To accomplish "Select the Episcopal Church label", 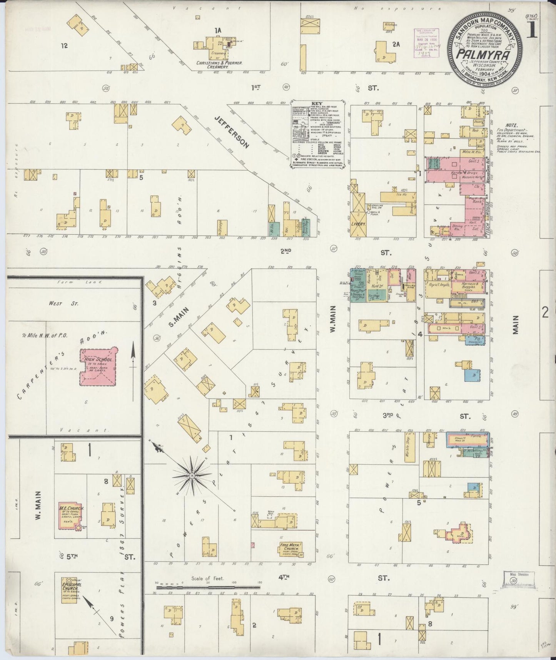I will point(71,586).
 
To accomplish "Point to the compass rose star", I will point(191,477).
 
